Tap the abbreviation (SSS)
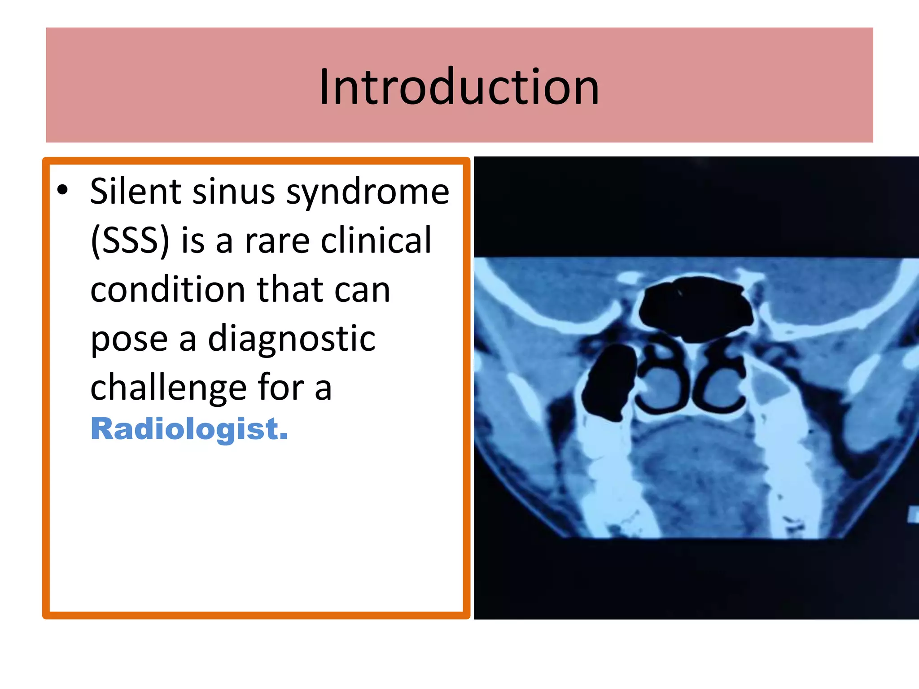(130, 241)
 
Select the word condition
(168, 290)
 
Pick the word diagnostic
(292, 339)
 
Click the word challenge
(168, 388)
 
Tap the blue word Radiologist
(189, 429)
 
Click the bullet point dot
(62, 190)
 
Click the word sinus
(233, 192)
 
